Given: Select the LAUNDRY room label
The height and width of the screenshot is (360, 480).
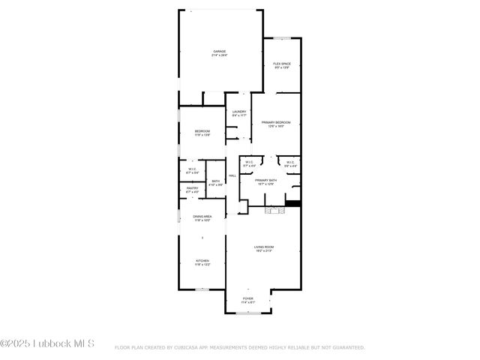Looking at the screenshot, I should pos(238,113).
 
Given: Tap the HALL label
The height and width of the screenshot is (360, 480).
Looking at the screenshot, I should pos(232,175).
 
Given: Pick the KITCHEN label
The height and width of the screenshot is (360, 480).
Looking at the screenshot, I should pos(202,262).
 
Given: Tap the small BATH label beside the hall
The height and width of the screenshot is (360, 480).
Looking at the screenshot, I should pos(215,181).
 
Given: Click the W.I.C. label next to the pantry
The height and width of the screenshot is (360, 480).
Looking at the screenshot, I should pos(193,170).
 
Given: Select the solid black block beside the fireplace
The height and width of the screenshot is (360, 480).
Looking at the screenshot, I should pos(293,202).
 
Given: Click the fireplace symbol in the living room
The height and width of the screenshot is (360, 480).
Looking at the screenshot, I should pos(273,211).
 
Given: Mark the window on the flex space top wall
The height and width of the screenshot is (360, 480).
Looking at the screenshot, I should pos(282,37).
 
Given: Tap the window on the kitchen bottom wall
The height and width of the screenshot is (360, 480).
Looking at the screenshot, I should pos(201,289).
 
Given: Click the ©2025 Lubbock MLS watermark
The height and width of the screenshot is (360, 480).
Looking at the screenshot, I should pos(47,344).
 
